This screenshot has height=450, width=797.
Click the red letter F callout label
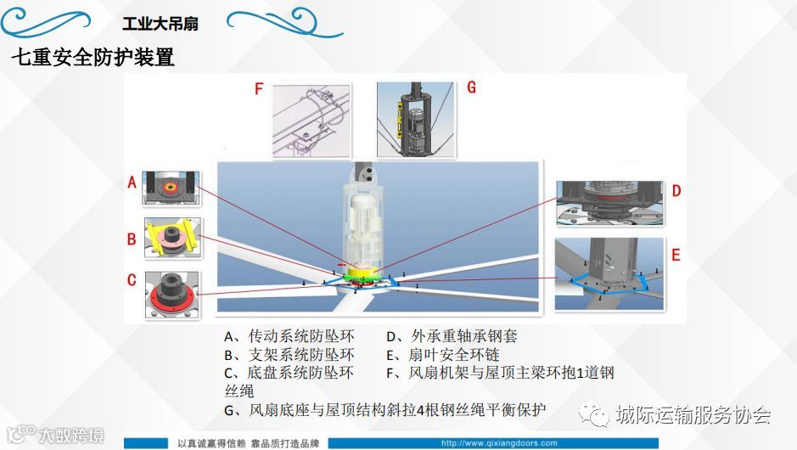click(259, 89)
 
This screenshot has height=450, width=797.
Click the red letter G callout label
click(471, 87)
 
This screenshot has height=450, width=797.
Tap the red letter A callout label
click(132, 182)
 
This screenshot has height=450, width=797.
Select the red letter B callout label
click(132, 239)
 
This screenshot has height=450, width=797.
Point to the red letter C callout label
click(132, 279)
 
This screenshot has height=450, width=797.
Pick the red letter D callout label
click(676, 191)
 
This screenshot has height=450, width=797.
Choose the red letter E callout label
click(676, 255)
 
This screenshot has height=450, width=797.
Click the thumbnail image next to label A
click(171, 188)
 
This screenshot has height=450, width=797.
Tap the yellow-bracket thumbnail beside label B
click(173, 238)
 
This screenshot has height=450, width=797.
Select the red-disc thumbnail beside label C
click(172, 295)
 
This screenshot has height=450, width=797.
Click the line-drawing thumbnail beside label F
click(312, 121)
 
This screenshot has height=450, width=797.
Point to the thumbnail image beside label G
click(415, 120)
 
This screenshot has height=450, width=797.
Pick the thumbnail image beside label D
click(610, 204)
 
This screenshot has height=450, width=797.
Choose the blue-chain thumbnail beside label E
click(609, 273)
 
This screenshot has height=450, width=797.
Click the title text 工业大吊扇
click(160, 24)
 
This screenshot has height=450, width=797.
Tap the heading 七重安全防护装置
click(93, 57)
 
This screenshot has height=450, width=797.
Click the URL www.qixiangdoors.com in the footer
click(499, 443)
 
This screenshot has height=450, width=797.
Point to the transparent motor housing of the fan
click(364, 219)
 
